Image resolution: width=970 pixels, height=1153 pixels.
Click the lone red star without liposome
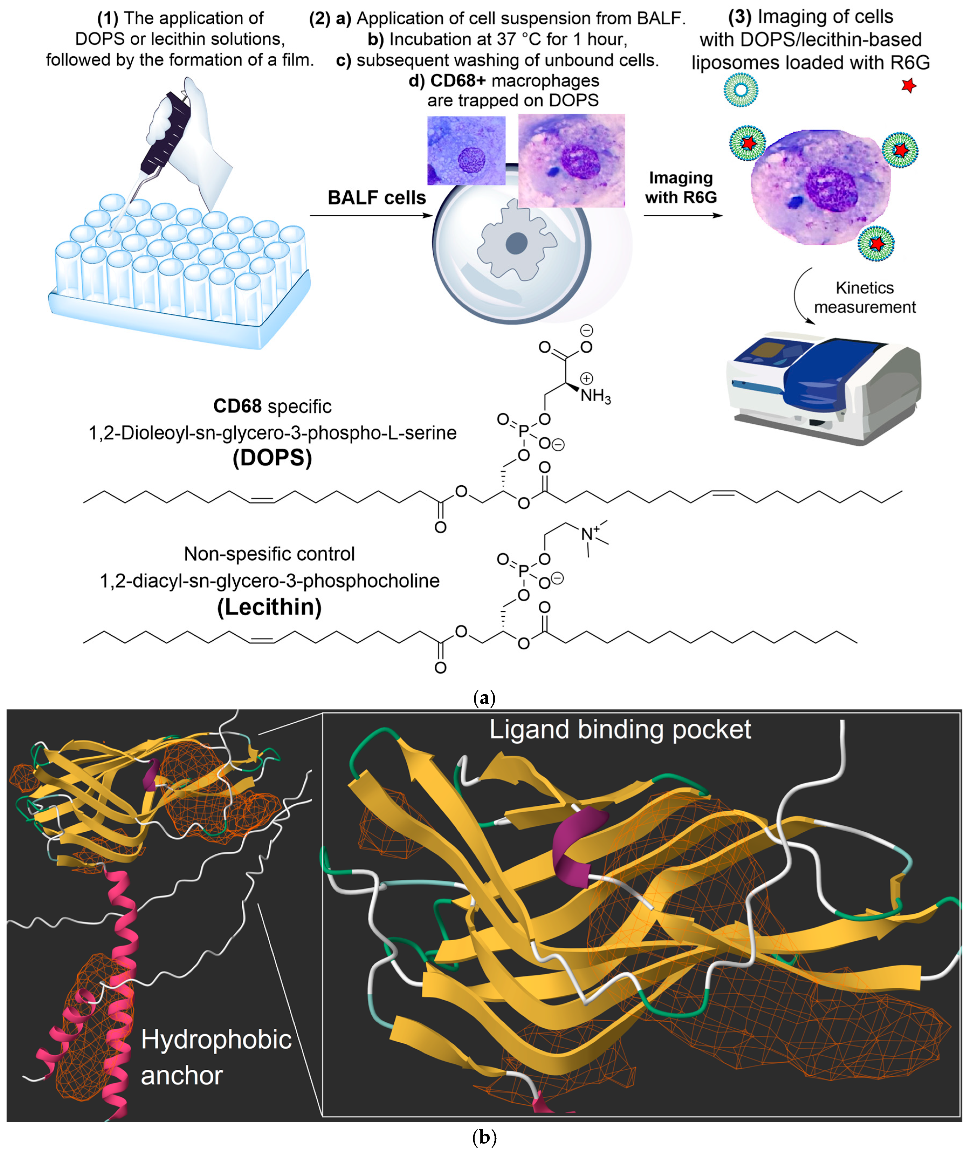pos(909,85)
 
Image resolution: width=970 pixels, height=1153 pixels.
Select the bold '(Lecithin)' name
pos(270,607)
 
